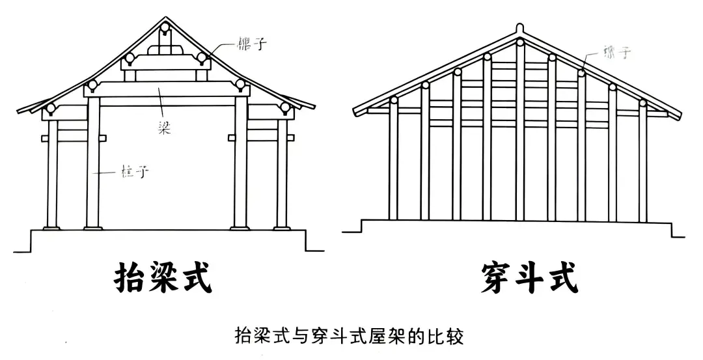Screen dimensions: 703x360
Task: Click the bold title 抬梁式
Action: point(163,279)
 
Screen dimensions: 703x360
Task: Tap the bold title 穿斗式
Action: point(529,279)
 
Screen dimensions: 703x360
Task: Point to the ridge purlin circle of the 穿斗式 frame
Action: point(519,43)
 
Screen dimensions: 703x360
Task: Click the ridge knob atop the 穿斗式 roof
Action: point(519,29)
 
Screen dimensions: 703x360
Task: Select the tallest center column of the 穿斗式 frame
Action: point(519,130)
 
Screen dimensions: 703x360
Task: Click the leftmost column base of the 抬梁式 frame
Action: point(51,227)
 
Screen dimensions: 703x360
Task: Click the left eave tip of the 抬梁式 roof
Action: point(18,112)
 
